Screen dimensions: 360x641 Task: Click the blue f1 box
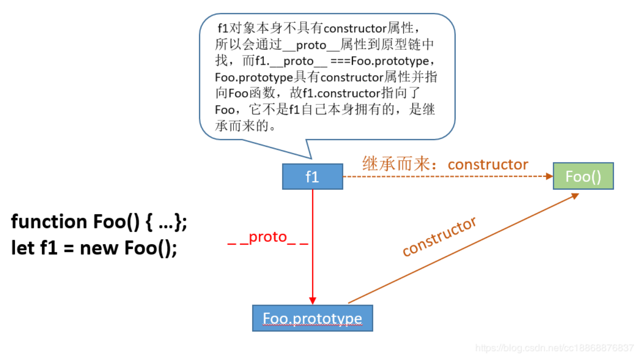tap(312, 177)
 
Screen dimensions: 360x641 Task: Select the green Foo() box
tap(583, 177)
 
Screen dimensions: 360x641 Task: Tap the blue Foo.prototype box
tap(312, 318)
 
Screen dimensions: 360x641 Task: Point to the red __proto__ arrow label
tap(267, 238)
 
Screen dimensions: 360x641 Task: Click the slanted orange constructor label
tap(439, 236)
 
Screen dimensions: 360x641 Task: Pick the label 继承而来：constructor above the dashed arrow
tap(445, 164)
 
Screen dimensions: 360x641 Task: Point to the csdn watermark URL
tap(554, 348)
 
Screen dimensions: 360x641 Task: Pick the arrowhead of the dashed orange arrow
tap(549, 177)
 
